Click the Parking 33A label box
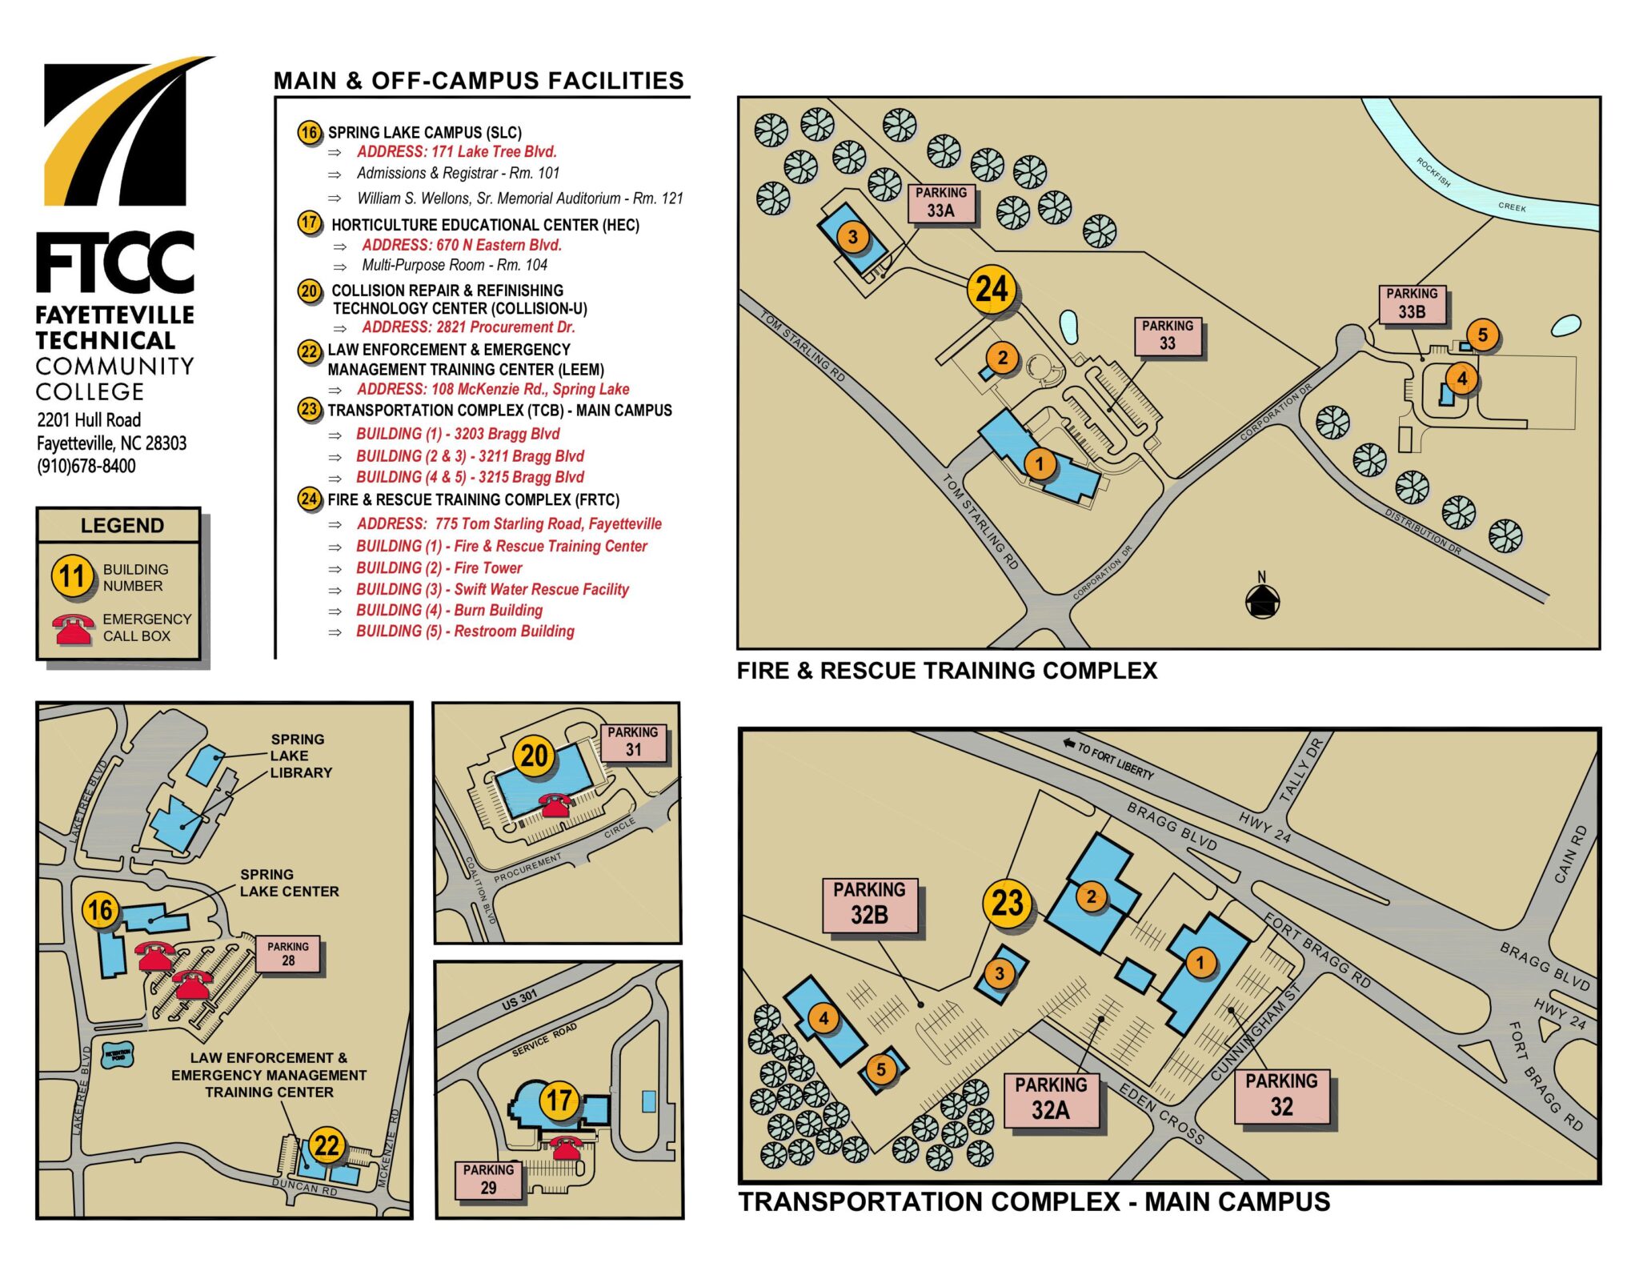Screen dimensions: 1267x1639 tap(940, 202)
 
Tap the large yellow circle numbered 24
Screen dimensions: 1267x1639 tap(992, 289)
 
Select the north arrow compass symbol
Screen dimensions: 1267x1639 tap(1262, 599)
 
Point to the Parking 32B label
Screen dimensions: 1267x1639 tap(869, 904)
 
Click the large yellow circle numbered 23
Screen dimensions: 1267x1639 tap(1008, 904)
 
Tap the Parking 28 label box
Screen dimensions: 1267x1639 tap(288, 953)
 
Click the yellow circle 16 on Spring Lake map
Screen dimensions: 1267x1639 tap(100, 910)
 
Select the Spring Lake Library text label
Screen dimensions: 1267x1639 tap(300, 756)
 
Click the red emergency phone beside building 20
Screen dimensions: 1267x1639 tap(555, 804)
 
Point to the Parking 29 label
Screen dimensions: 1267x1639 tap(488, 1179)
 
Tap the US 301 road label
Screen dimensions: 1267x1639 tap(519, 1000)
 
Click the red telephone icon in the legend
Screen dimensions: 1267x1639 tap(73, 629)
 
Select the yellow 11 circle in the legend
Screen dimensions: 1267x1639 tap(72, 576)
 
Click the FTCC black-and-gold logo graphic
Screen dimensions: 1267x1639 tap(120, 132)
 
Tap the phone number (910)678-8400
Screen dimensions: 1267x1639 tap(86, 466)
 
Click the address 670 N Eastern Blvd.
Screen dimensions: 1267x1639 tap(461, 245)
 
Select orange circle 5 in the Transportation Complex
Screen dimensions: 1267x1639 tap(880, 1069)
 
